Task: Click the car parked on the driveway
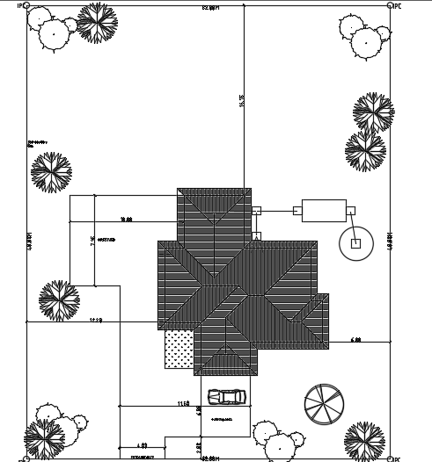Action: point(227,398)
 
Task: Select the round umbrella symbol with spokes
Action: point(324,403)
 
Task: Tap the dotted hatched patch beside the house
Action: point(179,348)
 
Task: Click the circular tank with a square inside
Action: point(356,243)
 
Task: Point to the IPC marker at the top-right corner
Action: point(392,5)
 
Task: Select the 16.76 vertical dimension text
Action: point(241,101)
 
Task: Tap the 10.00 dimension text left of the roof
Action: point(125,220)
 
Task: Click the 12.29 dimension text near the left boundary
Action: point(96,321)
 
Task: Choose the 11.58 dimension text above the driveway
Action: point(183,403)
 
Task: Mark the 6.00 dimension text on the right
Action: point(355,339)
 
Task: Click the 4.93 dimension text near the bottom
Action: point(141,445)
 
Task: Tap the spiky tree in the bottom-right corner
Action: point(363,439)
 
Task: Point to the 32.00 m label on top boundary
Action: point(209,7)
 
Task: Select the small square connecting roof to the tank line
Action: point(256,211)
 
